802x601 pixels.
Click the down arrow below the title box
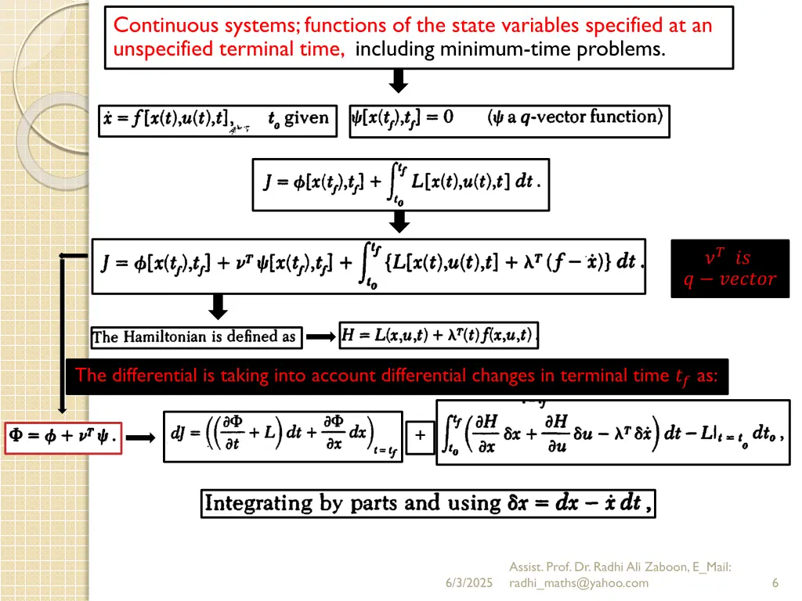click(399, 81)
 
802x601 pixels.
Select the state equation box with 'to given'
click(218, 121)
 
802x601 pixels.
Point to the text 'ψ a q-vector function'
click(576, 117)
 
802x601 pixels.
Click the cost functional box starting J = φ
click(400, 185)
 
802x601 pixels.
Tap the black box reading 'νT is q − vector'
click(730, 268)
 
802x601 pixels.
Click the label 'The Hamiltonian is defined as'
click(195, 337)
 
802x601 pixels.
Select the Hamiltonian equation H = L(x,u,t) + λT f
click(439, 336)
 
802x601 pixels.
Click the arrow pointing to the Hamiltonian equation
click(320, 337)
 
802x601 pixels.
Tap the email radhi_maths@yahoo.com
click(579, 583)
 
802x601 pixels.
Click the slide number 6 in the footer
click(775, 583)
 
